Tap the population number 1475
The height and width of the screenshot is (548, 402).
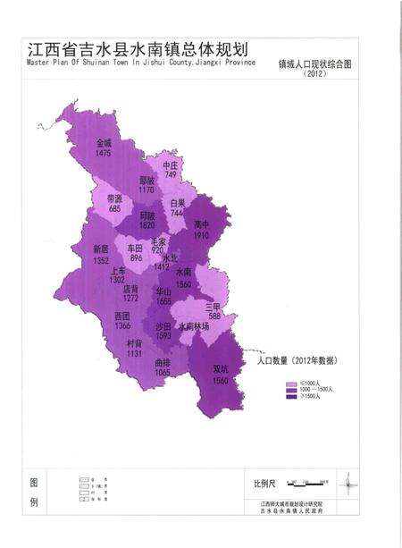tap(104, 154)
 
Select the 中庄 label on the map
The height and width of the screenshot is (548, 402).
tap(171, 165)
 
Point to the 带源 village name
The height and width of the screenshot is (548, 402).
tap(114, 198)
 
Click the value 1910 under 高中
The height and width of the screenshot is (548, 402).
tap(201, 234)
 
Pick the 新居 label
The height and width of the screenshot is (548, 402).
tap(100, 249)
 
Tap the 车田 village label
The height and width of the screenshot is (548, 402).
tap(135, 249)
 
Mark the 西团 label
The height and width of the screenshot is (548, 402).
tap(122, 316)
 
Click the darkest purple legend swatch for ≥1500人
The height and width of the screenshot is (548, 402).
tap(290, 399)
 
